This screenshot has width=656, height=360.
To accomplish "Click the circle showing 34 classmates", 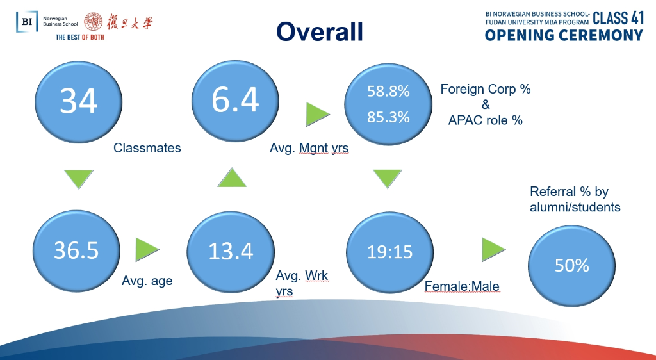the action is click(78, 102).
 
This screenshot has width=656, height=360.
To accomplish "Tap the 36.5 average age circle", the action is click(76, 251).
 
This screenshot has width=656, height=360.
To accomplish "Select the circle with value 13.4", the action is click(231, 252).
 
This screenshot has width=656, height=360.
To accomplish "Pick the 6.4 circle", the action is click(235, 101).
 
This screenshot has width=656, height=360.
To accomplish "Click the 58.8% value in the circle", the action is click(388, 91).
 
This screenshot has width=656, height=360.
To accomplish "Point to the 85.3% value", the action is click(388, 117).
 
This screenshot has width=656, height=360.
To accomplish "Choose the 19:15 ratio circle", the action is click(390, 252).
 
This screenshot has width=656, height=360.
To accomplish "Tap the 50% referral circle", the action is click(571, 265).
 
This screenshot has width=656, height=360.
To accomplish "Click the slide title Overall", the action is click(320, 32).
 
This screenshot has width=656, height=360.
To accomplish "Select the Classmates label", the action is click(147, 148).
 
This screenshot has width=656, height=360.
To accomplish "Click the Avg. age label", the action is click(147, 281).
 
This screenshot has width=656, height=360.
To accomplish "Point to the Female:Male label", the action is click(462, 286).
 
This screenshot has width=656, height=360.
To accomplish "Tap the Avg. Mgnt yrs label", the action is click(309, 148).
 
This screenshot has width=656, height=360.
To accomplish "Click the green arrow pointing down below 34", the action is click(79, 178).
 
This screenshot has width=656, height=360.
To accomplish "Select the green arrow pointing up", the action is click(232, 179).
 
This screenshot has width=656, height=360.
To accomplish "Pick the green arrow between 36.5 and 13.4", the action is click(146, 250).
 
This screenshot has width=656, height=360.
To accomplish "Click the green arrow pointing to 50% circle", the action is click(493, 250).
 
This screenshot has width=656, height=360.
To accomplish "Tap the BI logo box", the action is click(27, 21).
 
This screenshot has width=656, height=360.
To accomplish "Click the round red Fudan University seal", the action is click(94, 22).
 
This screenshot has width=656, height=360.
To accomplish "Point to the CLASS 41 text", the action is click(618, 19).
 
